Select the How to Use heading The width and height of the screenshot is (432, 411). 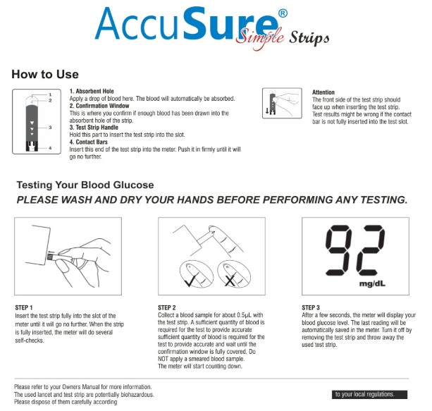pyautogui.click(x=44, y=74)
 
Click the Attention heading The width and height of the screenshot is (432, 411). pyautogui.click(x=325, y=92)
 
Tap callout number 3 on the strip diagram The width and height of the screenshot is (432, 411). pyautogui.click(x=51, y=127)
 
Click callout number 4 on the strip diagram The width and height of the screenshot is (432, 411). pyautogui.click(x=51, y=148)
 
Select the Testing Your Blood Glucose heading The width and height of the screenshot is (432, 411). pyautogui.click(x=85, y=185)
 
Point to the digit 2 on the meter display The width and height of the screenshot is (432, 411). pyautogui.click(x=371, y=252)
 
